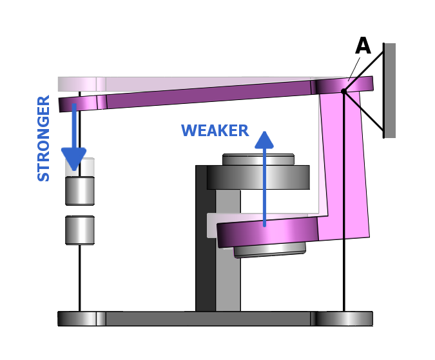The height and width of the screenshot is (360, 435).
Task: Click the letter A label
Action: click(x=363, y=46)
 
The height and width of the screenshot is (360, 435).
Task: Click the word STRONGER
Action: click(x=44, y=138)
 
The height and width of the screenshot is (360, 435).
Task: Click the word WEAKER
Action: click(x=215, y=131)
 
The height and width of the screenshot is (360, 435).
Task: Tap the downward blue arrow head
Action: click(x=73, y=158)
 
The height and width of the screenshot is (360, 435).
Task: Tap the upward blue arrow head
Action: click(x=264, y=141)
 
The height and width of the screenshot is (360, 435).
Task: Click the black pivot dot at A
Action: click(x=343, y=92)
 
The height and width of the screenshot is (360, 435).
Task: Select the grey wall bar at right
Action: click(x=389, y=90)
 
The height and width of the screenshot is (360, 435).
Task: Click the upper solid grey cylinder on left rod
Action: click(x=80, y=191)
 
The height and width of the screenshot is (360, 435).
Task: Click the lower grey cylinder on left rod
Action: click(x=80, y=230)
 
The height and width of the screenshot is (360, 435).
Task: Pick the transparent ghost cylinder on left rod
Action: click(x=80, y=167)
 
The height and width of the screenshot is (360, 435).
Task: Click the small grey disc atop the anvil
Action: click(x=258, y=159)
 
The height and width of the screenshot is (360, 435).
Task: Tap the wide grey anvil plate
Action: click(x=258, y=177)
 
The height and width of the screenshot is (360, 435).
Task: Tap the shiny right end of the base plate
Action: click(x=344, y=319)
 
